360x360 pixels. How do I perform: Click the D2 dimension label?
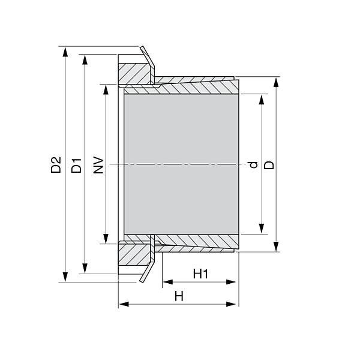(x=56, y=165)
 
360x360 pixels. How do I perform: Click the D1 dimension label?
(x=76, y=165)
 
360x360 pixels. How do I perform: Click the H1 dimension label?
(x=200, y=274)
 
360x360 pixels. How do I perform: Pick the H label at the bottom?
(x=178, y=296)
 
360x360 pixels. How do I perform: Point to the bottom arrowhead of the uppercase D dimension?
(x=276, y=247)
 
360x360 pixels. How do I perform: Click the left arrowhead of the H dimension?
(x=124, y=304)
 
